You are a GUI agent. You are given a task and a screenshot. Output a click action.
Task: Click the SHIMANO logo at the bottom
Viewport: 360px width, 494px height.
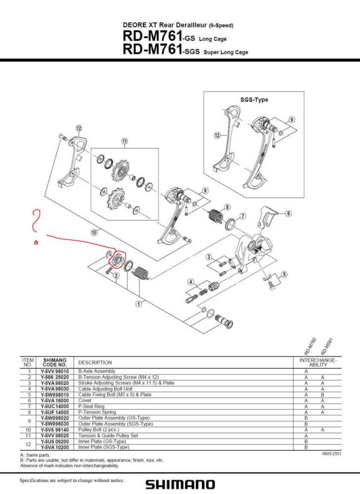click(180, 484)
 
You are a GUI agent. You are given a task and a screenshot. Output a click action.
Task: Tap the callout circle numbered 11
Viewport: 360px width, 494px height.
click(124, 141)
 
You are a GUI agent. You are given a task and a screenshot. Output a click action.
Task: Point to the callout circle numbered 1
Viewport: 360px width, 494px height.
click(139, 304)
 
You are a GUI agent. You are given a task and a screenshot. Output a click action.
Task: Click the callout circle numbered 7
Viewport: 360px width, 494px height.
click(242, 216)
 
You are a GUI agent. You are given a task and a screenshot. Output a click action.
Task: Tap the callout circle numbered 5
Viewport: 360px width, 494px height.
click(284, 275)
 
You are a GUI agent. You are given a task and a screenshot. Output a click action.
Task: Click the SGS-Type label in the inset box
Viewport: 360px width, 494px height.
click(254, 100)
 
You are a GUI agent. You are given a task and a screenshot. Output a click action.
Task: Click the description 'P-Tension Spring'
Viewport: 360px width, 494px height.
click(97, 412)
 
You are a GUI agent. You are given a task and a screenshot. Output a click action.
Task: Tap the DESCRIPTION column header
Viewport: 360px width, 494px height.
click(95, 362)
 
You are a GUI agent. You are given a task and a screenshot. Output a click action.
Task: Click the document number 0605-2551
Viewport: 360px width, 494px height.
click(331, 453)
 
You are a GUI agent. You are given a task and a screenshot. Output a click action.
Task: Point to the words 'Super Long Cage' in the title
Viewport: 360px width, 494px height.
click(226, 52)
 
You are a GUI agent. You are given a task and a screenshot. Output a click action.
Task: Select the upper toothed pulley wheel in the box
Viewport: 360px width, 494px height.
click(120, 171)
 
